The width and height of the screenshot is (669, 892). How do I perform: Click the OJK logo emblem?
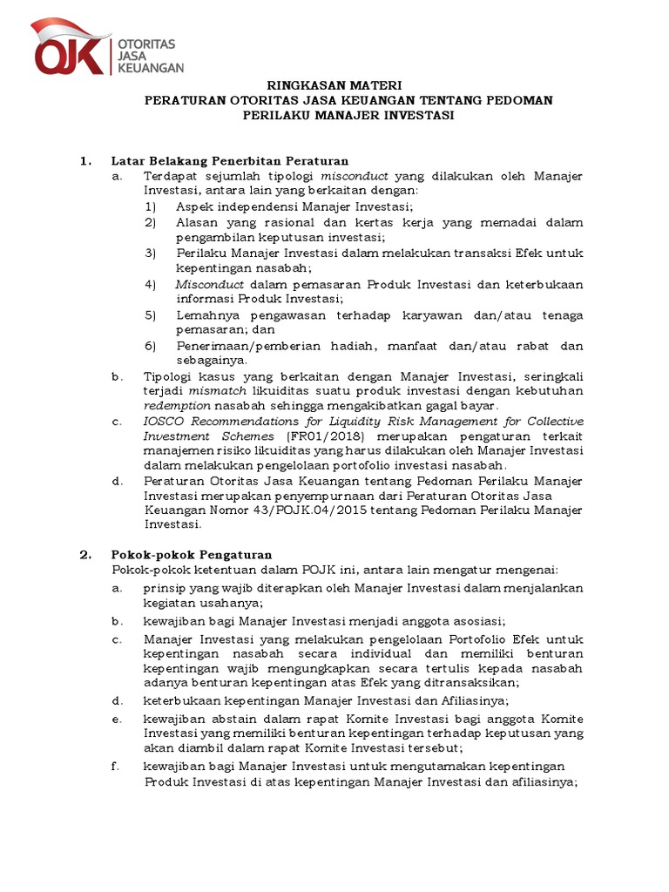71,49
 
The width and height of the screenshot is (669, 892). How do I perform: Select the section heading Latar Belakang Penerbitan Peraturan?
230,161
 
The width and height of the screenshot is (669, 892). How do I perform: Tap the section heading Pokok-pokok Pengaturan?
192,554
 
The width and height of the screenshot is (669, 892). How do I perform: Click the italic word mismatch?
213,391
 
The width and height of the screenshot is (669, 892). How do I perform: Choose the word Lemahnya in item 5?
204,314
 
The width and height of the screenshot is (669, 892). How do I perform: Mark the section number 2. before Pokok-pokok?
84,554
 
